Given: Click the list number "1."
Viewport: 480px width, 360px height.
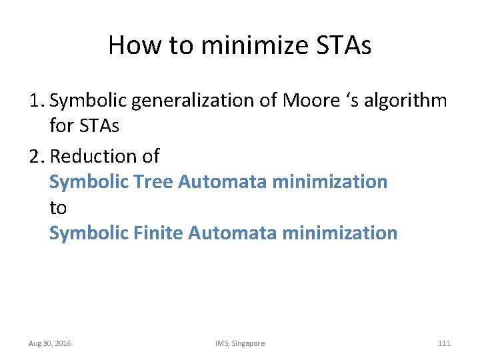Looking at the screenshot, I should click(37, 101).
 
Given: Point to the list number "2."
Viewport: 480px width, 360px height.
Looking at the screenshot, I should click(37, 156).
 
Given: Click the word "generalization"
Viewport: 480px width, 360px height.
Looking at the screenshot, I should click(205, 101).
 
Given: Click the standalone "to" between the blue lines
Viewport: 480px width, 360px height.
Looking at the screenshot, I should click(58, 207).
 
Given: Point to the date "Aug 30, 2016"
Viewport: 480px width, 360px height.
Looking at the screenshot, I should click(50, 343).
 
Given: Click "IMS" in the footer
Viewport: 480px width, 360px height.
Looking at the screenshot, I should click(221, 343).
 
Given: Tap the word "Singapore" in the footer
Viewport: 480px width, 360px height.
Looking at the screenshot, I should click(248, 343).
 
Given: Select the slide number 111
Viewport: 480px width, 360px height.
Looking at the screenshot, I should click(444, 343).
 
